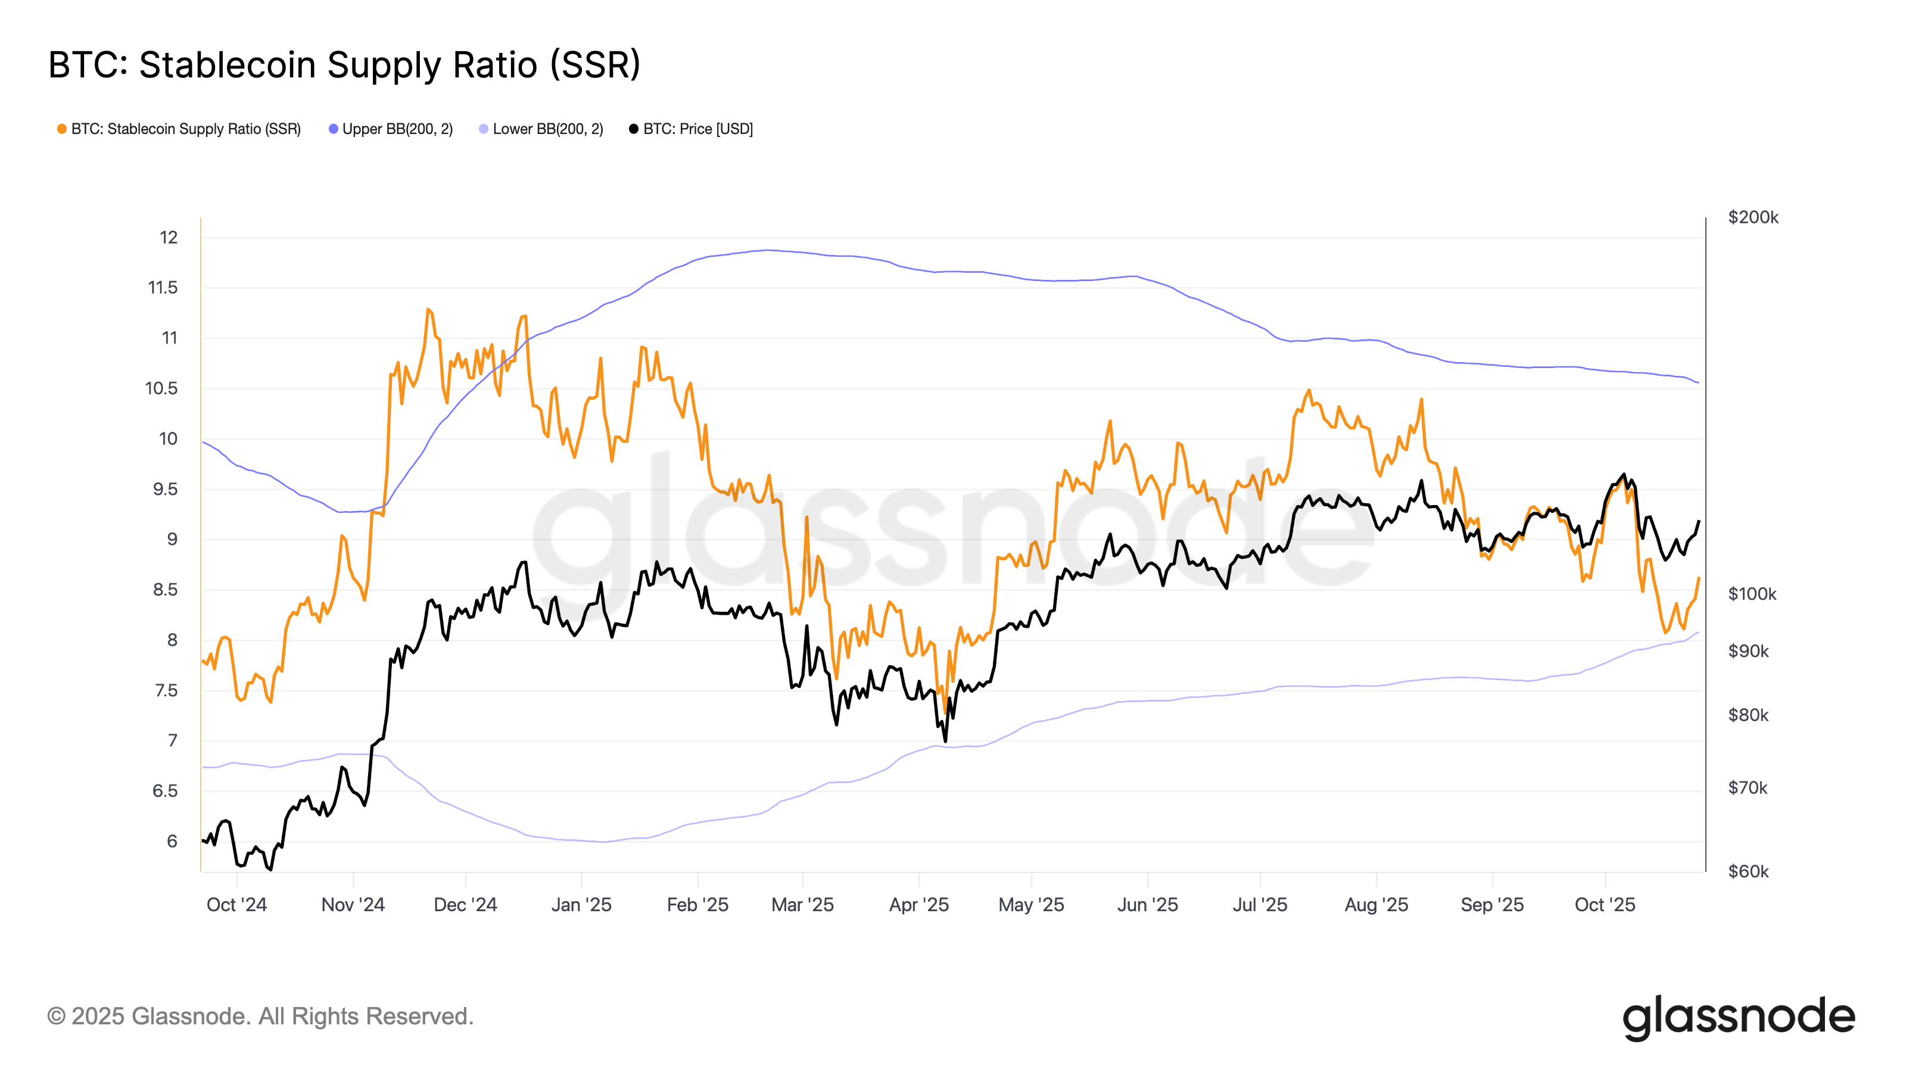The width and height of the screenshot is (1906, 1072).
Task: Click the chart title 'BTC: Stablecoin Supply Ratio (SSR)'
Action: coord(344,65)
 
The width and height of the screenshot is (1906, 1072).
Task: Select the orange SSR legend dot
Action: coord(62,129)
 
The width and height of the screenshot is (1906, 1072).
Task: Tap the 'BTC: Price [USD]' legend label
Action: coord(697,129)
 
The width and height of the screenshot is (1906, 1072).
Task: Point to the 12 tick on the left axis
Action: coord(169,238)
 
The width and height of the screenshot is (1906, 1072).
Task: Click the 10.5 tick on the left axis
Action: coord(161,388)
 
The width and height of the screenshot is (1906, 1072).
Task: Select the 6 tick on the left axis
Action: coord(172,841)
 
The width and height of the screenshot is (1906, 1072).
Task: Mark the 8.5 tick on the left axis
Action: coord(165,590)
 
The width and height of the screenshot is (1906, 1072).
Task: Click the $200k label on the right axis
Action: coord(1753,217)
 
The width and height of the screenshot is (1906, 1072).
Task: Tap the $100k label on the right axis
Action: coord(1751,594)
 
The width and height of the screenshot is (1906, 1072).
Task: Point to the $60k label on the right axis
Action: coord(1748,871)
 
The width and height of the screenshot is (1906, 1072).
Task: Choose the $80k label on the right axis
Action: coord(1748,715)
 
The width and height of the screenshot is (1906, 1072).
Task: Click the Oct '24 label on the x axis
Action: coord(237,905)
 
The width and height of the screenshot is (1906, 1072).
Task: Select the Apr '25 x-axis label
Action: coord(919,905)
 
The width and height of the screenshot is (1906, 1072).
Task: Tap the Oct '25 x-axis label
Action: coord(1605,905)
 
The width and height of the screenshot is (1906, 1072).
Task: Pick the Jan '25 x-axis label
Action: coord(581,905)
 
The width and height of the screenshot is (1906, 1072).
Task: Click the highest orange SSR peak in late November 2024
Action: coord(428,309)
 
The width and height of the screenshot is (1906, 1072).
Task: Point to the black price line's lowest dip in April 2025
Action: coord(945,740)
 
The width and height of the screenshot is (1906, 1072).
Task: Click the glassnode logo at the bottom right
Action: coord(1739,1017)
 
